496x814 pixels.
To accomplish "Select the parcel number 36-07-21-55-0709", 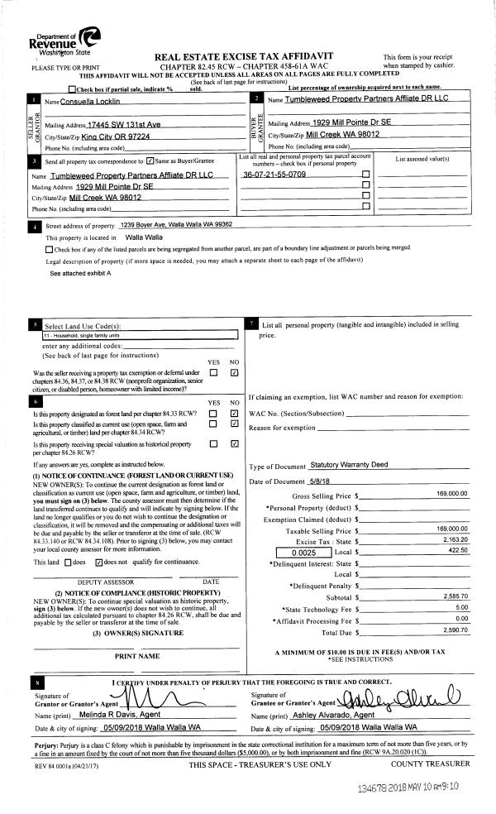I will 274,175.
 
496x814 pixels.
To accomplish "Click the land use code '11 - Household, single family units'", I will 87,336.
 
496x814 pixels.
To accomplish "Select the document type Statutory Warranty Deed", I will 349,466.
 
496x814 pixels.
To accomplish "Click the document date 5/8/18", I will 322,481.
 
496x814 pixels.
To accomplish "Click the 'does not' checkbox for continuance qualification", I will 100,561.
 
